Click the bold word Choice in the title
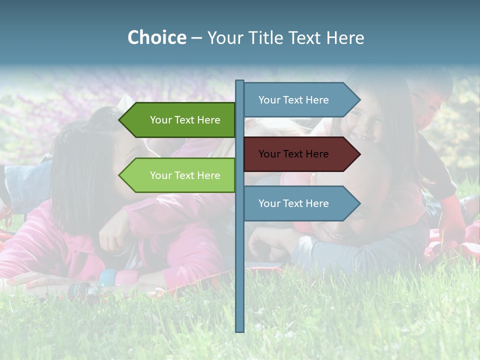point(156,37)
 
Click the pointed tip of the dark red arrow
point(359,154)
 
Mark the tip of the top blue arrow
point(359,100)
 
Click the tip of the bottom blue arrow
point(359,203)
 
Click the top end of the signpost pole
point(240,81)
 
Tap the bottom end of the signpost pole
point(240,330)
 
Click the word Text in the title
point(305,37)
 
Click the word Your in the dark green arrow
point(160,120)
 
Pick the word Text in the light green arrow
point(184,175)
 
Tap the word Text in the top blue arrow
point(293,100)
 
